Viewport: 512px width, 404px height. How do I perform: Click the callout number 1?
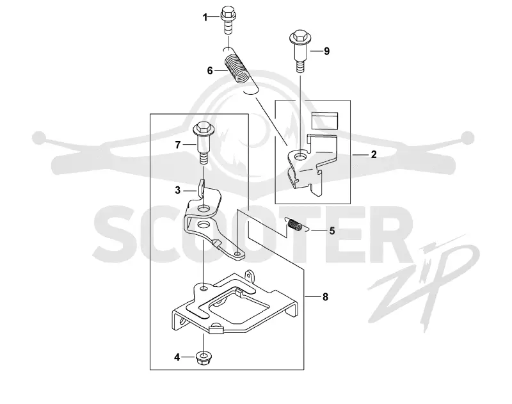click(x=205, y=17)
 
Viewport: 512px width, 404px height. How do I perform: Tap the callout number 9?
click(x=326, y=51)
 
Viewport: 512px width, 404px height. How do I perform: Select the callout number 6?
click(x=210, y=70)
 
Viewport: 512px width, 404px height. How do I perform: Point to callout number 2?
click(x=374, y=154)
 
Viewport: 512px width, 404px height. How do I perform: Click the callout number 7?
click(x=178, y=145)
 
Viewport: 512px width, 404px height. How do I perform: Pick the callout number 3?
click(x=178, y=190)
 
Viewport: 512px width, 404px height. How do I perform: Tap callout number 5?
click(x=332, y=231)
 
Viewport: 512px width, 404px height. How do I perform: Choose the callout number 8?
click(x=325, y=297)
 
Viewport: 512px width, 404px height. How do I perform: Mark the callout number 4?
click(x=177, y=357)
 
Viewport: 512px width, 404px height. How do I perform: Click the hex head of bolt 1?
click(x=228, y=12)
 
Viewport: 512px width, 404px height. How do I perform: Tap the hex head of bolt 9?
click(x=300, y=37)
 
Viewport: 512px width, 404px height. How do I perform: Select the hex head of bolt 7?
click(x=204, y=128)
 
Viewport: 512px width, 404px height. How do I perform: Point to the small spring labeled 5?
click(x=295, y=225)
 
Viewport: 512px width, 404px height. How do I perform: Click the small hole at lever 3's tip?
click(x=238, y=253)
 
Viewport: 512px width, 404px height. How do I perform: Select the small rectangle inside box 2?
click(x=324, y=121)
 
